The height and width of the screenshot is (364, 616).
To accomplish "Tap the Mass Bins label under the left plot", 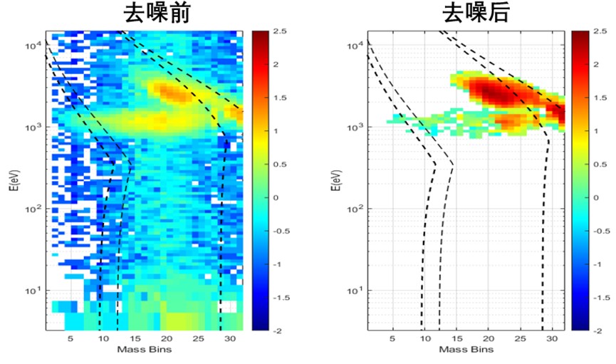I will click(145, 351).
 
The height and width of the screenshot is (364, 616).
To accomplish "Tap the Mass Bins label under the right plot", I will click(466, 351).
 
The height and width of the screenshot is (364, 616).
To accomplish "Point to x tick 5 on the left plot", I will click(71, 340).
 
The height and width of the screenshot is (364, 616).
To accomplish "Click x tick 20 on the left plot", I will click(166, 340).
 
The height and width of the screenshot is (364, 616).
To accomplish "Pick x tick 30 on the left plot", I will click(229, 340).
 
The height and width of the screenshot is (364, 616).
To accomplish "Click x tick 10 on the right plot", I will click(424, 340).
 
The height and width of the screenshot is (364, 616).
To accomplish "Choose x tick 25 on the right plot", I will click(521, 340).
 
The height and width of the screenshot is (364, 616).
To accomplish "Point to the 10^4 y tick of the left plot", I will click(33, 46).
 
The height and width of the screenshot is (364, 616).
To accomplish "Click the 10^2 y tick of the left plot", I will click(33, 209).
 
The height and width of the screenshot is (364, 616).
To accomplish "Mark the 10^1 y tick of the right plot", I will click(355, 291).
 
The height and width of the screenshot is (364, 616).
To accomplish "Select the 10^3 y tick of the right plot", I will click(355, 128).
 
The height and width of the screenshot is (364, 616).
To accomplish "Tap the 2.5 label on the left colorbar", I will click(279, 32).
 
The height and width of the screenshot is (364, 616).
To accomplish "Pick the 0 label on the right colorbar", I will click(598, 198).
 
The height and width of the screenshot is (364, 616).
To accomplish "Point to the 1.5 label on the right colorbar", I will click(600, 98).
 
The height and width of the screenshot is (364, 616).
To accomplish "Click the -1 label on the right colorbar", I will click(600, 264).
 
